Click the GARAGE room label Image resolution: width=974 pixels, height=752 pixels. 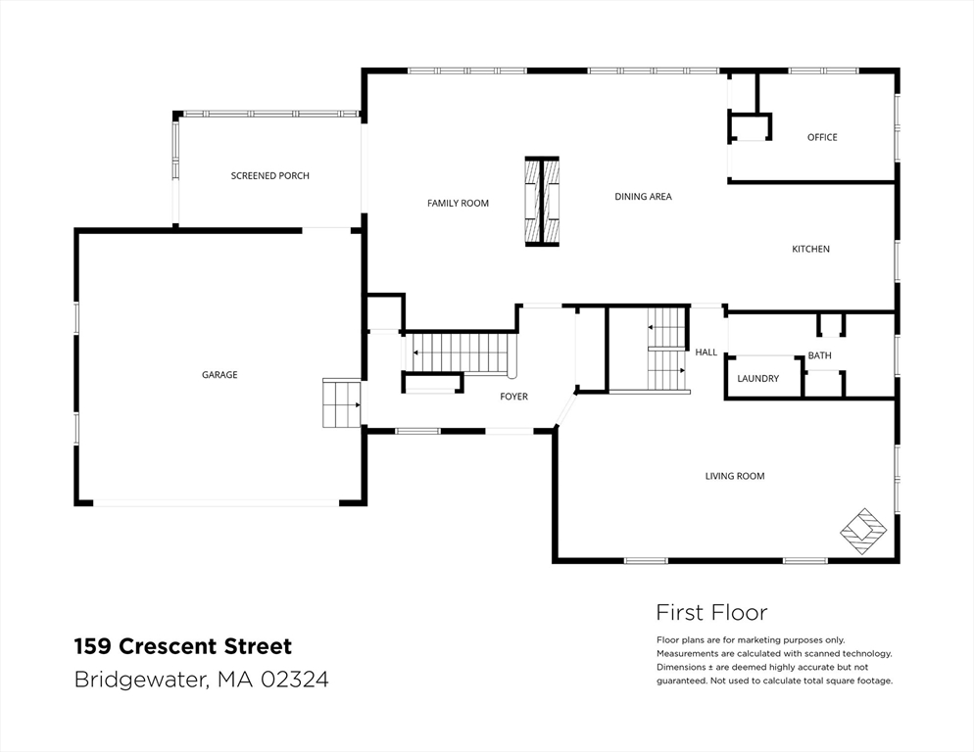point(219,374)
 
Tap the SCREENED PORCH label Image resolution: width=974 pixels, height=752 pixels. point(270,175)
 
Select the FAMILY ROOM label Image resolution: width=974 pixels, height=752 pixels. point(458,203)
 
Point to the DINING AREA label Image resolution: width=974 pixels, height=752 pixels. point(643,196)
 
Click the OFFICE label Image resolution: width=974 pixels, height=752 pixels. point(822,137)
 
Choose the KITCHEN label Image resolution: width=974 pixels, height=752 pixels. point(810,249)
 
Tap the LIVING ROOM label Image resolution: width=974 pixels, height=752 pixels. point(735,476)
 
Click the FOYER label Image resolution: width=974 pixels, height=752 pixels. point(513,397)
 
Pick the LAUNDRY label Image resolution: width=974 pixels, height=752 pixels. point(757,378)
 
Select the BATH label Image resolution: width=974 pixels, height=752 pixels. point(819,355)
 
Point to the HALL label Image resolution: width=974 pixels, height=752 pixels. point(706,352)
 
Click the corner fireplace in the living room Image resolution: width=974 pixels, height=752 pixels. point(863,532)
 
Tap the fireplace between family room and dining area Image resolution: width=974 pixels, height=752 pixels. point(542,201)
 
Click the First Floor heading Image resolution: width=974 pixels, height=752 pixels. point(711,613)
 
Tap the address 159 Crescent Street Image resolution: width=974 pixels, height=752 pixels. point(183,646)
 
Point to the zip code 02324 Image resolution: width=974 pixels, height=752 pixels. point(294,680)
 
